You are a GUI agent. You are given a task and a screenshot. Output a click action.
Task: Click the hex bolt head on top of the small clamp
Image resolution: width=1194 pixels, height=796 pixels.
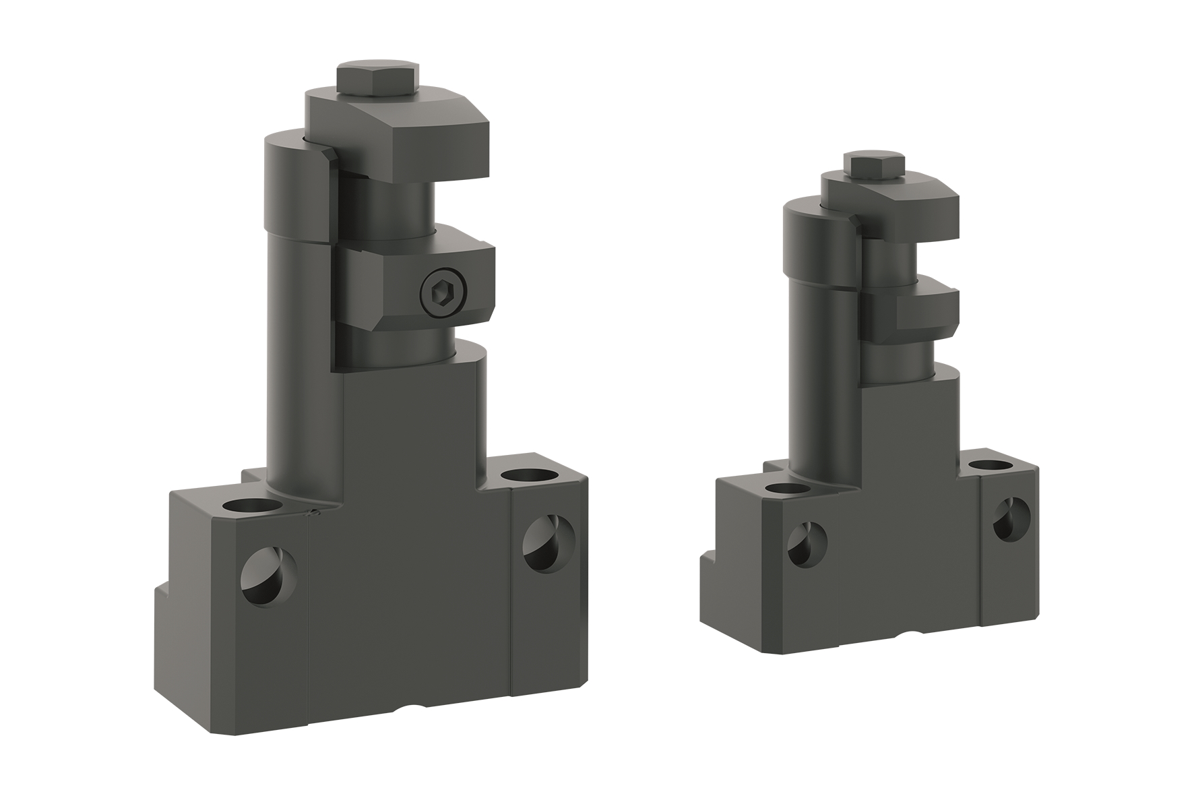point(874,166)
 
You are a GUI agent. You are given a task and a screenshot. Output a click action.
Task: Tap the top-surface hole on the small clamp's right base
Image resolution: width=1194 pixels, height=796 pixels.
point(989,465)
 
